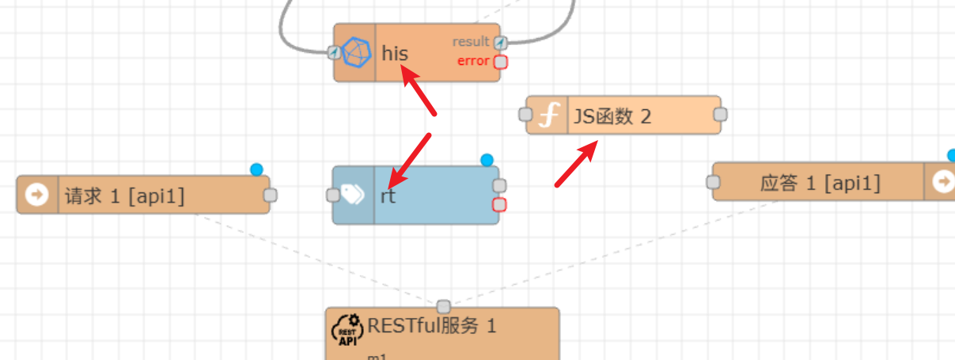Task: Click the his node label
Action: (395, 54)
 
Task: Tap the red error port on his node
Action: (500, 62)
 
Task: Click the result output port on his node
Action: (500, 43)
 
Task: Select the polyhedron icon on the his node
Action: (356, 52)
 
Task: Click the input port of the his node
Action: (334, 52)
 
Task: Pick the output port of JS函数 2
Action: (720, 115)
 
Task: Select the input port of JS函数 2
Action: (525, 115)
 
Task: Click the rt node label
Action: (388, 196)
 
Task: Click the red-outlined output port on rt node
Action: (499, 206)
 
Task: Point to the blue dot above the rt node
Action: (487, 161)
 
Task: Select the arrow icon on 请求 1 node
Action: (37, 195)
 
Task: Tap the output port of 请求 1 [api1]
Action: (270, 195)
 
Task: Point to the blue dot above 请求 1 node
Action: (256, 169)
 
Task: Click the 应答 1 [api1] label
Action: (820, 184)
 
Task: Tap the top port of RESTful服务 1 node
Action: (443, 306)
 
